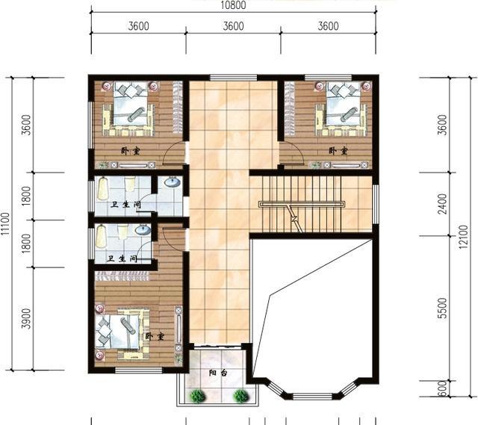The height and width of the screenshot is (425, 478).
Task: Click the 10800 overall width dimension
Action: pyautogui.click(x=233, y=5)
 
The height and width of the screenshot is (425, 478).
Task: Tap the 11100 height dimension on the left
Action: pyautogui.click(x=5, y=224)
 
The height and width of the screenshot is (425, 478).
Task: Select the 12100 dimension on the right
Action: pyautogui.click(x=463, y=237)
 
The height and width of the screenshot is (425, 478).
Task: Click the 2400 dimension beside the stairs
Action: pyautogui.click(x=441, y=204)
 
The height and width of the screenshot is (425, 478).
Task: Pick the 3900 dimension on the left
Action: pyautogui.click(x=27, y=319)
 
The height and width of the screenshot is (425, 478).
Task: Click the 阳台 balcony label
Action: pyautogui.click(x=218, y=373)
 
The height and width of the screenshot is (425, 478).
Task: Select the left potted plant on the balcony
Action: pyautogui.click(x=197, y=395)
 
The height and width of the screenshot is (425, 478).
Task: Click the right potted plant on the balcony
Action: pyautogui.click(x=240, y=395)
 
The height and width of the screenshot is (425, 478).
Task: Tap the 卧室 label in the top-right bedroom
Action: pyautogui.click(x=338, y=151)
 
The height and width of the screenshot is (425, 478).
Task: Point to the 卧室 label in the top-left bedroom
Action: pyautogui.click(x=131, y=151)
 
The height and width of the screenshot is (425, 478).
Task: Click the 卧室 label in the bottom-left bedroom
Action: pyautogui.click(x=155, y=336)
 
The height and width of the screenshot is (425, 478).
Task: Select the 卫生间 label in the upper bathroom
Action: pyautogui.click(x=125, y=204)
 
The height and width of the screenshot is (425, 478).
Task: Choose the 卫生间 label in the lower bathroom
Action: pyautogui.click(x=122, y=259)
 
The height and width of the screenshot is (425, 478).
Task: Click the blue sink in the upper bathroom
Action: pyautogui.click(x=173, y=182)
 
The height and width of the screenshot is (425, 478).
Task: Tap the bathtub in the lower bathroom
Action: pyautogui.click(x=101, y=236)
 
